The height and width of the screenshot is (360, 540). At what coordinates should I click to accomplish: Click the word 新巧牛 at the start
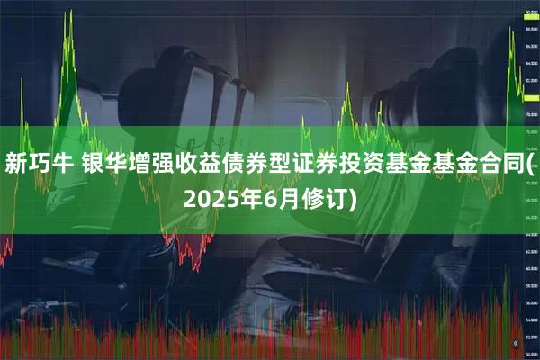tap(40, 164)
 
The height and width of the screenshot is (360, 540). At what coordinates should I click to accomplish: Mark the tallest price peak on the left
tap(68, 13)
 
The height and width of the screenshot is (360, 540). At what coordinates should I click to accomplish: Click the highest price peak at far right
tap(511, 30)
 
